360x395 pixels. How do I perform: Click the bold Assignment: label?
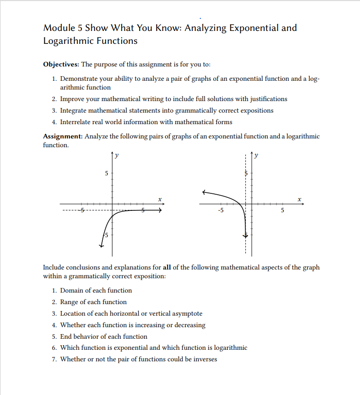(63, 137)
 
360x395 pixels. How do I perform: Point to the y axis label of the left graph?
(117, 156)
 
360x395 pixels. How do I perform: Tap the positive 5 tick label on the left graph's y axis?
(106, 174)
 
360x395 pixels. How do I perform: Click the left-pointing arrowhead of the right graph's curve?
(204, 192)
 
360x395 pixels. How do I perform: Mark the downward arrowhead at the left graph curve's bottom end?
(101, 245)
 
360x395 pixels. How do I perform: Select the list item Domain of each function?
(96, 290)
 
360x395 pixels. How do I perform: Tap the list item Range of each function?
(93, 302)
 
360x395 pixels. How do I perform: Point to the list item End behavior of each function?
(104, 336)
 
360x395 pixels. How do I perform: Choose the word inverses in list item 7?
(204, 359)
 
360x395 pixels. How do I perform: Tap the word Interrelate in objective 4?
(77, 122)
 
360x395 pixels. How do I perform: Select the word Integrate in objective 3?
(74, 110)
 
